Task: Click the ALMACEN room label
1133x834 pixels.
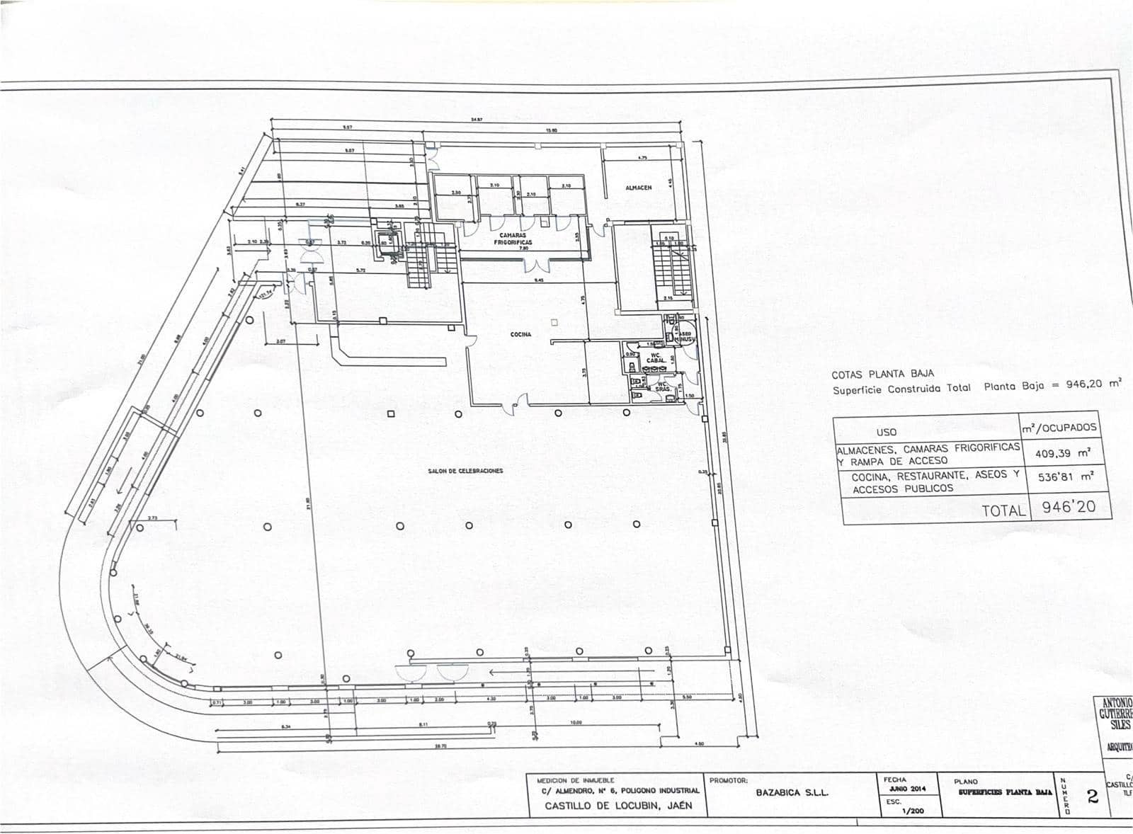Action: (638, 188)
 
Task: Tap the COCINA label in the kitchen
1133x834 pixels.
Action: (520, 335)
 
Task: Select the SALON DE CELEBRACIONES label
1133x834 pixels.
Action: (465, 471)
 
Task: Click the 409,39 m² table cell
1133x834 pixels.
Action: (1062, 453)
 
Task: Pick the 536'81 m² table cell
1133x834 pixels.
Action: (1065, 478)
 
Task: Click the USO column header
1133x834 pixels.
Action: (886, 432)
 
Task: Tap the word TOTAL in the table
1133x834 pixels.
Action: (1003, 510)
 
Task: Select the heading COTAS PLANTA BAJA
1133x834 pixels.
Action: (882, 373)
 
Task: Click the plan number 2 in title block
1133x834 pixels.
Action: (1092, 797)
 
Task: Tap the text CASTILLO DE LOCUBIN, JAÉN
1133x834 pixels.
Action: (618, 806)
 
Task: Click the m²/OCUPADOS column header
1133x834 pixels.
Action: (1059, 428)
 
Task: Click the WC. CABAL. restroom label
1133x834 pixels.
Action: (656, 357)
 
